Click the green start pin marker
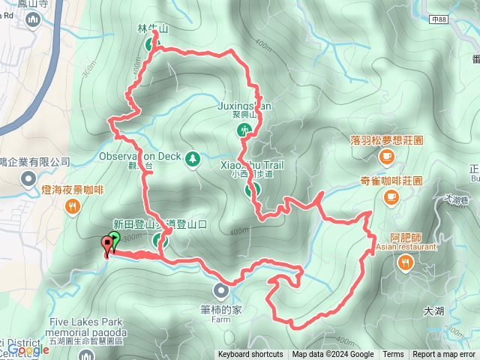tap(114, 241)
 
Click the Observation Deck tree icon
tap(193, 158)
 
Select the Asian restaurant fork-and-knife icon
tap(406, 262)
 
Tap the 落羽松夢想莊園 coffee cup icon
tap(387, 155)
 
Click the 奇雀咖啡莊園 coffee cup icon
tap(390, 196)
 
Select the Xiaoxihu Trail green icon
tap(250, 190)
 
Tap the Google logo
tap(28, 349)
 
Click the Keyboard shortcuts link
tap(250, 355)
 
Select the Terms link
tap(393, 355)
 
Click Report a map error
tap(444, 355)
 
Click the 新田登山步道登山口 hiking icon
tap(159, 241)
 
